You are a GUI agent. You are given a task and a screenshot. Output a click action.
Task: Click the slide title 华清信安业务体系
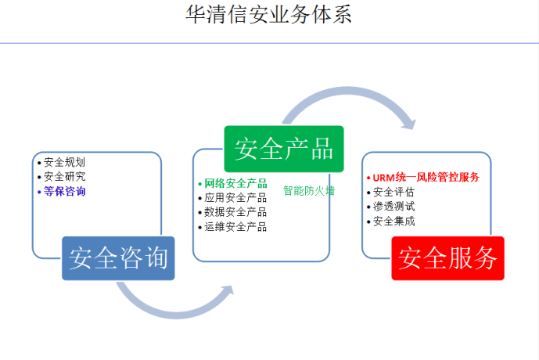pyautogui.click(x=268, y=14)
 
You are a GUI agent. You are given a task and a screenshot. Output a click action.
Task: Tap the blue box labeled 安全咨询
pyautogui.click(x=118, y=258)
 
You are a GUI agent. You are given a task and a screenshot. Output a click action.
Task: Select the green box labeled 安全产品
pyautogui.click(x=284, y=149)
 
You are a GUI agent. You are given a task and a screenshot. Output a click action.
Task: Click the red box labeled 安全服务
pyautogui.click(x=448, y=258)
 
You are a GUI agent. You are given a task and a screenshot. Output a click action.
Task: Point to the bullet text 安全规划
pyautogui.click(x=64, y=162)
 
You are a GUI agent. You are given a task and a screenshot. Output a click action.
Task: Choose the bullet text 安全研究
pyautogui.click(x=64, y=176)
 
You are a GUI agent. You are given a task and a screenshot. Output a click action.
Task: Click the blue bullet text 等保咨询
pyautogui.click(x=64, y=191)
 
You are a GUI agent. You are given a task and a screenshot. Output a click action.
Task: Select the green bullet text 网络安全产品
pyautogui.click(x=235, y=183)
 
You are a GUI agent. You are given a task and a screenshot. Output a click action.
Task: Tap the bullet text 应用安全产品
pyautogui.click(x=235, y=198)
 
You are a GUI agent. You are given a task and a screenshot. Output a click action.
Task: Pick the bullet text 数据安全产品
pyautogui.click(x=235, y=212)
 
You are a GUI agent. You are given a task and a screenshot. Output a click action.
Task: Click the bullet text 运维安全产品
pyautogui.click(x=235, y=227)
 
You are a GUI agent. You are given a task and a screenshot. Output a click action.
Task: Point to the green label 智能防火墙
pyautogui.click(x=309, y=190)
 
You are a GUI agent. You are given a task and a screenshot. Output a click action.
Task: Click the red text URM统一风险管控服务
pyautogui.click(x=426, y=177)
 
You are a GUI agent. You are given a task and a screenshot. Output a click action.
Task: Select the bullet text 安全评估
pyautogui.click(x=393, y=192)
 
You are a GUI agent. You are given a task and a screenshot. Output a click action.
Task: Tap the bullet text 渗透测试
pyautogui.click(x=393, y=207)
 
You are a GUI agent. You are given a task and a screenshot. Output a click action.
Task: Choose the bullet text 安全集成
pyautogui.click(x=393, y=221)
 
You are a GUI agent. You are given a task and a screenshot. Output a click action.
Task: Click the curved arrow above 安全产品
pyautogui.click(x=347, y=90)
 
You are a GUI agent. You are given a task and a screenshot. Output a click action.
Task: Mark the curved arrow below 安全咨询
pyautogui.click(x=175, y=315)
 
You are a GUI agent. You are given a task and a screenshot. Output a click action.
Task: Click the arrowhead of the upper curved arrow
pyautogui.click(x=411, y=124)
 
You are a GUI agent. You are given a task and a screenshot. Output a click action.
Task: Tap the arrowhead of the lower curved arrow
pyautogui.click(x=228, y=290)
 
